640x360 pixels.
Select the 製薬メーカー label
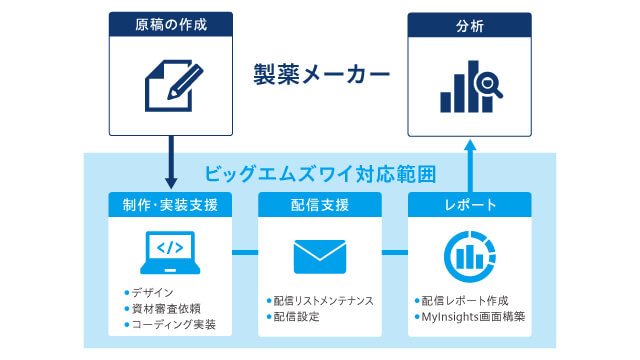(320, 74)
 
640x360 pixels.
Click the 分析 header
(469, 24)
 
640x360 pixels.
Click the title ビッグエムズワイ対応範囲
(320, 172)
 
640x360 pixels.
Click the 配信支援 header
(320, 205)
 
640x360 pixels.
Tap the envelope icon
(320, 256)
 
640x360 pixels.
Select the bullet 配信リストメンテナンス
(326, 300)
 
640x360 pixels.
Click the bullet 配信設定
(298, 317)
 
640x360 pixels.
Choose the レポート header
(469, 205)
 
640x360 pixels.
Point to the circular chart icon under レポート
(469, 254)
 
